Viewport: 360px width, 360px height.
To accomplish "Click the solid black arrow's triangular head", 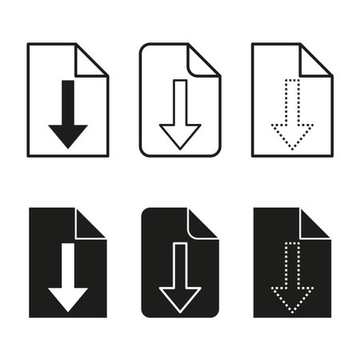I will (x=68, y=134).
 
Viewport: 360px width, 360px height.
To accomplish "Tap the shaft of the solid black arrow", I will (x=68, y=100).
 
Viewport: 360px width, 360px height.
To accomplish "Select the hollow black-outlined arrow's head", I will (x=180, y=134).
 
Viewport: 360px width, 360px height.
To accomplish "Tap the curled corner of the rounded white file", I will (x=202, y=58).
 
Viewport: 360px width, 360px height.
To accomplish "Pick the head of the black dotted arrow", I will (x=292, y=136).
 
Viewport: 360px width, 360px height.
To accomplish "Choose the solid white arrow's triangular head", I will (x=68, y=298).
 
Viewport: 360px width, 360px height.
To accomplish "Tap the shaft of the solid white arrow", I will (x=68, y=264).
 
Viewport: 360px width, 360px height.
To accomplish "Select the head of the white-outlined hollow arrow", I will (x=180, y=298).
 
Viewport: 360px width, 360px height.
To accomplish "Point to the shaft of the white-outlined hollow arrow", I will (x=180, y=264).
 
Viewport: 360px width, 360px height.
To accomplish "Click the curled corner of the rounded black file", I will (x=202, y=222).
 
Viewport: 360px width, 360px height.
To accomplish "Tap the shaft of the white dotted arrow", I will (x=292, y=264).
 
